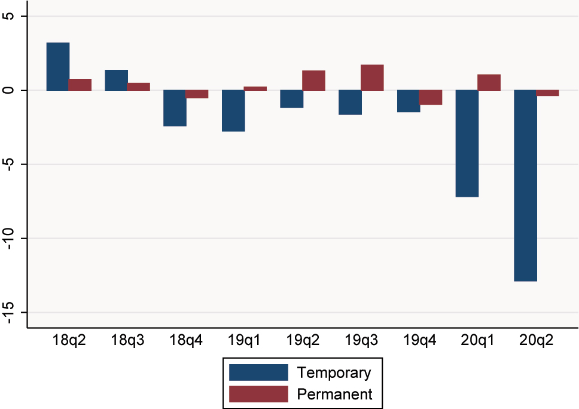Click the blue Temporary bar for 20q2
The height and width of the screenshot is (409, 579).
point(525,185)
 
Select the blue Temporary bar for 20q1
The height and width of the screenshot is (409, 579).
point(467,144)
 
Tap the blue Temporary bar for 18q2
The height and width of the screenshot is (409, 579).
point(58,66)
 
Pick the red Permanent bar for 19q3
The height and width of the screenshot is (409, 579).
point(372,78)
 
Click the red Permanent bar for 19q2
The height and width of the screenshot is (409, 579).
point(313,81)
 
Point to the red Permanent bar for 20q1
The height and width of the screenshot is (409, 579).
point(489,83)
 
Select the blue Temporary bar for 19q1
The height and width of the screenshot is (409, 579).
point(233,111)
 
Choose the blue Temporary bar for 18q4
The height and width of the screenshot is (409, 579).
point(175,108)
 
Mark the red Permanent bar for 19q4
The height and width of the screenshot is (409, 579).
point(431,97)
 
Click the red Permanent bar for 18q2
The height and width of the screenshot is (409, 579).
point(80,85)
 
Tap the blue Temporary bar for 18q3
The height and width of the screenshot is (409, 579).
point(117,80)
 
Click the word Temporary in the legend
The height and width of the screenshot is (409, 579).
point(334,373)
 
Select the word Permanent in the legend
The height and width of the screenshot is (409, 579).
point(334,394)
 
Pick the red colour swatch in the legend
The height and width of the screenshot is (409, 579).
point(258,394)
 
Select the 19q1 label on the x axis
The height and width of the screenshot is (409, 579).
point(244,341)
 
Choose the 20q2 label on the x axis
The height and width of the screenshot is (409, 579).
point(537,341)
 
